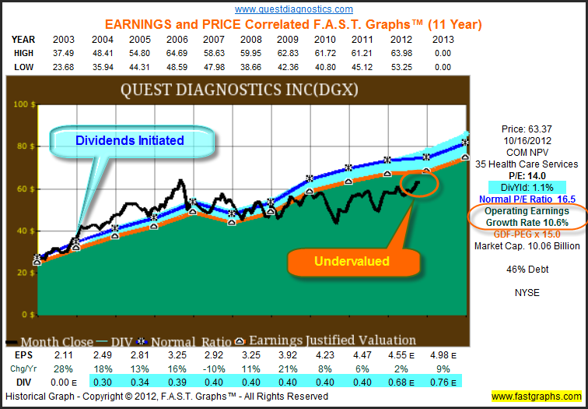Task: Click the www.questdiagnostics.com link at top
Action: (293, 9)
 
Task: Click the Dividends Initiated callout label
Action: (129, 140)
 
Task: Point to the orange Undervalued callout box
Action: (352, 262)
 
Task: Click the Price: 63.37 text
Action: (530, 129)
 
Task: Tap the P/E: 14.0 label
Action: (530, 176)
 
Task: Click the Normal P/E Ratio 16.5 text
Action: (530, 199)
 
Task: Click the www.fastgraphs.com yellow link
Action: (535, 397)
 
